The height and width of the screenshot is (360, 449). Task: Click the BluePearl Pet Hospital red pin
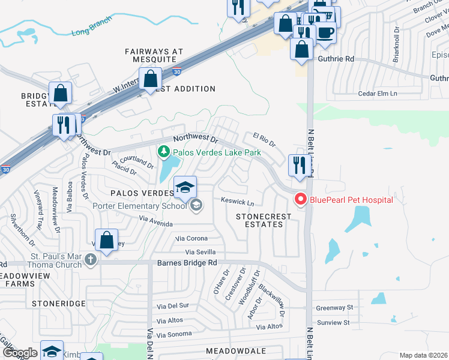(300, 199)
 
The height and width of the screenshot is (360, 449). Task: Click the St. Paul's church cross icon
(90, 260)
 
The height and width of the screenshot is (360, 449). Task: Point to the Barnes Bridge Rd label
(187, 263)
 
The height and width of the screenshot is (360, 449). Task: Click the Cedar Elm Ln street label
(378, 94)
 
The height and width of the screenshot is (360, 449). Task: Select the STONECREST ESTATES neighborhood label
(259, 220)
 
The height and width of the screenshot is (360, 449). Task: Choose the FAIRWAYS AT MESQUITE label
(154, 56)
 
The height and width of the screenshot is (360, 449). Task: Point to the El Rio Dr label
(264, 143)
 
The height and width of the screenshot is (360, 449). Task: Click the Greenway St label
(335, 307)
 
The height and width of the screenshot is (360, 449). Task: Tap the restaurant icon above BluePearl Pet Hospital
(298, 165)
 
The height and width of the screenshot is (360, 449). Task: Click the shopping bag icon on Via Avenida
(106, 240)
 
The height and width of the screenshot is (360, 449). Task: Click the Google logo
(20, 352)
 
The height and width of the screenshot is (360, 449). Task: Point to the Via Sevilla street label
(200, 252)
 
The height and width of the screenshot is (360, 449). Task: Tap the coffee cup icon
(325, 32)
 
